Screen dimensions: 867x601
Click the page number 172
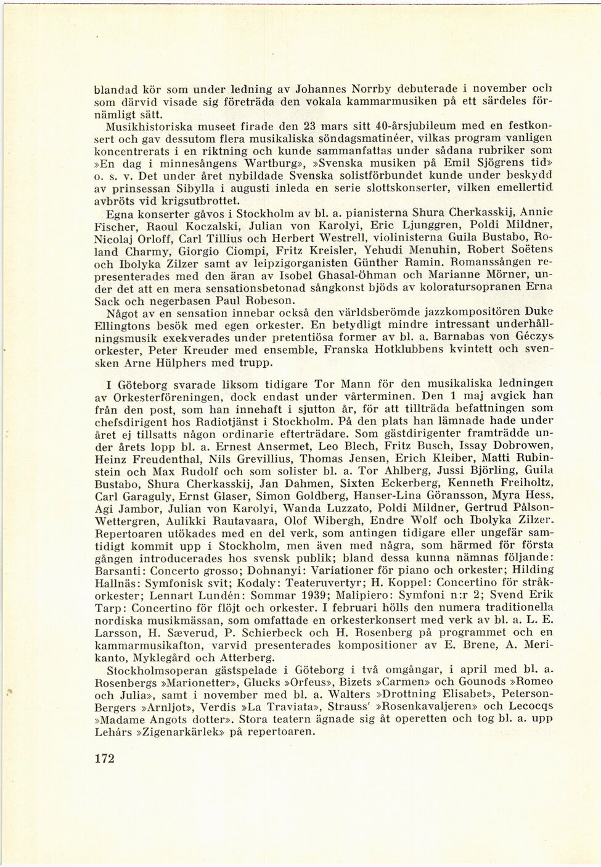(105, 758)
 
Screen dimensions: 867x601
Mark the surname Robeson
(263, 301)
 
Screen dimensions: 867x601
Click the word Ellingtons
(126, 325)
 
